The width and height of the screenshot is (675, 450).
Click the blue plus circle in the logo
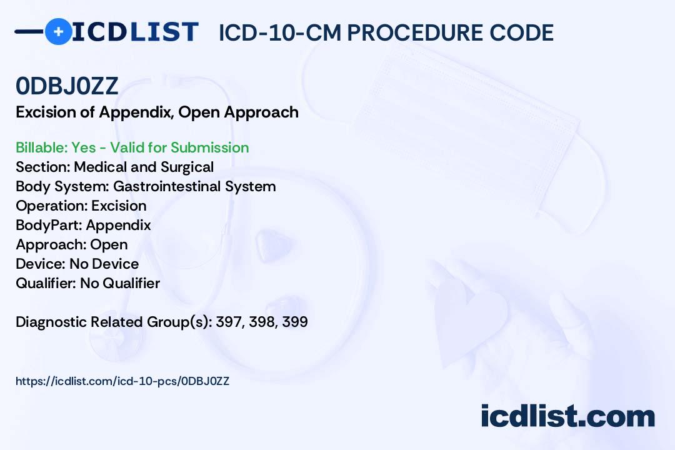(58, 31)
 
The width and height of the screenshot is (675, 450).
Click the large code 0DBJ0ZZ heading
(67, 86)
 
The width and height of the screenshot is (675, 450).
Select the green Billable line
(132, 147)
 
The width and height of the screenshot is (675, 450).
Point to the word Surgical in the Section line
(187, 167)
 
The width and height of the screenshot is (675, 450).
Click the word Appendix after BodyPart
(118, 225)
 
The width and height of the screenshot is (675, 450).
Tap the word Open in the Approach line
(109, 244)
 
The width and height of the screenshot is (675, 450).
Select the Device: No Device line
(77, 264)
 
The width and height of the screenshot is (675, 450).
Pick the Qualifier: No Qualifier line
(88, 283)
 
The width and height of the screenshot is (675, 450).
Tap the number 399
(295, 322)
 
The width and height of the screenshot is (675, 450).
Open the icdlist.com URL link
(122, 381)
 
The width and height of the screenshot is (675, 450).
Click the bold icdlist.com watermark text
(567, 416)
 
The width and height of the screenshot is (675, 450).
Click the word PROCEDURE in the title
(414, 32)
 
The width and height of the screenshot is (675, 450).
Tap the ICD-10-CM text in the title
(279, 32)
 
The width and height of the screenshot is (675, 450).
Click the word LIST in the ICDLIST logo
(164, 32)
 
